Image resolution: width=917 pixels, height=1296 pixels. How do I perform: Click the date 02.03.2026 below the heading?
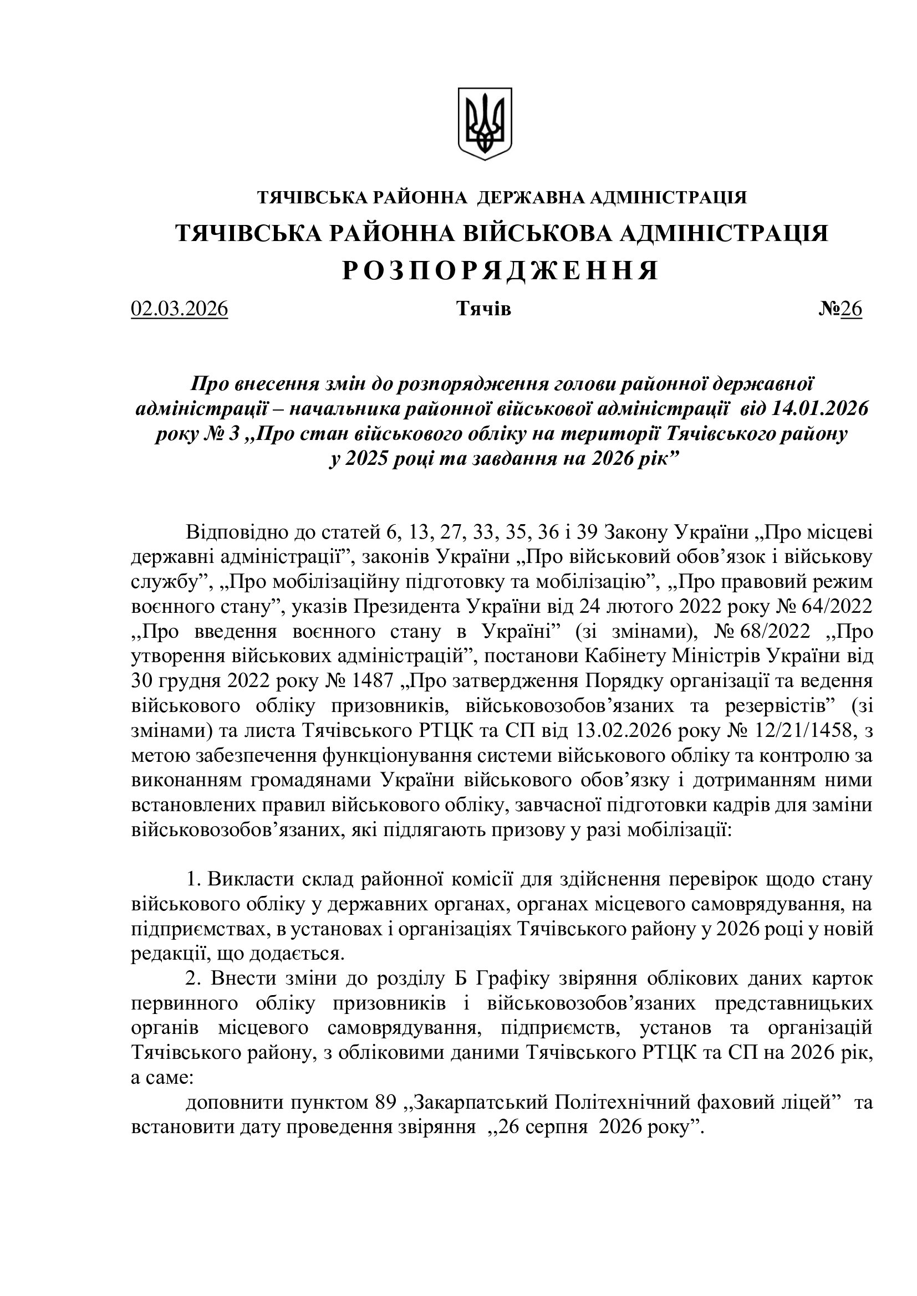coord(179,309)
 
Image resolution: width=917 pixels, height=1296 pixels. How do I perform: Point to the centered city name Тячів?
coord(483,309)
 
